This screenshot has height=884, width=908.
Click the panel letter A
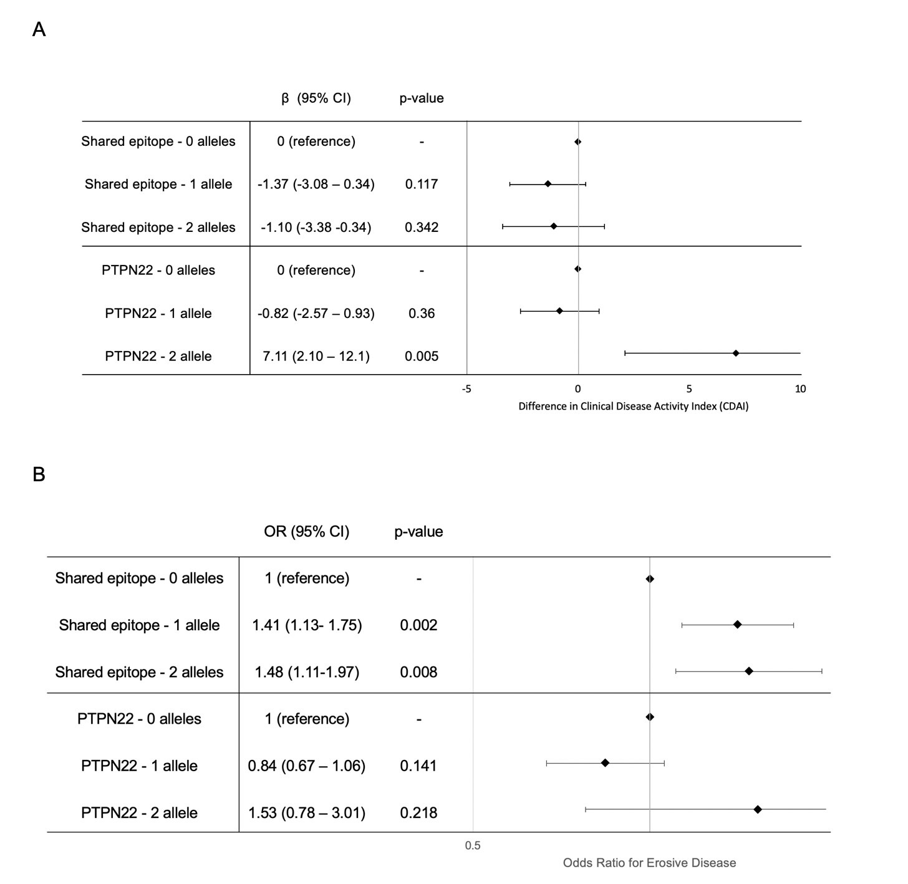[x=39, y=29]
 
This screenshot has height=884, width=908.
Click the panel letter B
[x=39, y=474]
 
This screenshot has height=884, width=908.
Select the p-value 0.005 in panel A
[x=422, y=356]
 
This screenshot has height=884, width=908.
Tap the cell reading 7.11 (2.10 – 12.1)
[x=316, y=356]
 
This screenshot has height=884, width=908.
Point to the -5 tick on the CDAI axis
[x=466, y=389]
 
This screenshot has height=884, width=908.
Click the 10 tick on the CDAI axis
[x=800, y=389]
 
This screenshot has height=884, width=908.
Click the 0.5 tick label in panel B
[x=473, y=845]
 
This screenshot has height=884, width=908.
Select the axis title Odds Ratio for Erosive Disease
[x=649, y=863]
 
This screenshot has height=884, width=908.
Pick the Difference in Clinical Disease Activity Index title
[x=633, y=406]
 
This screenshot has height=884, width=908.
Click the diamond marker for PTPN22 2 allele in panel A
[x=736, y=353]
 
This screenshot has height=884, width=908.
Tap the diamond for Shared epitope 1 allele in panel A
[x=548, y=184]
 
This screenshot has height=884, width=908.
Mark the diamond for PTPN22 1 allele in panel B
[x=605, y=762]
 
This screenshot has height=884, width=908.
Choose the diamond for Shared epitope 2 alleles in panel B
[x=749, y=671]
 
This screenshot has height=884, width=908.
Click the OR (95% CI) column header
[x=306, y=532]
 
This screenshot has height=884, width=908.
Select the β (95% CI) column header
[x=316, y=98]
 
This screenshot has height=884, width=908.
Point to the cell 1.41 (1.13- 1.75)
[x=307, y=625]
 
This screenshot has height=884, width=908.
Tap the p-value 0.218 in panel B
[x=418, y=813]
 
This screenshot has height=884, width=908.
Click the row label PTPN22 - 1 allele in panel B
[x=139, y=766]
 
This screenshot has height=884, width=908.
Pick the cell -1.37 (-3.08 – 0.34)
[x=316, y=184]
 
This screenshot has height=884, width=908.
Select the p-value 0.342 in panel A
[x=422, y=227]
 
